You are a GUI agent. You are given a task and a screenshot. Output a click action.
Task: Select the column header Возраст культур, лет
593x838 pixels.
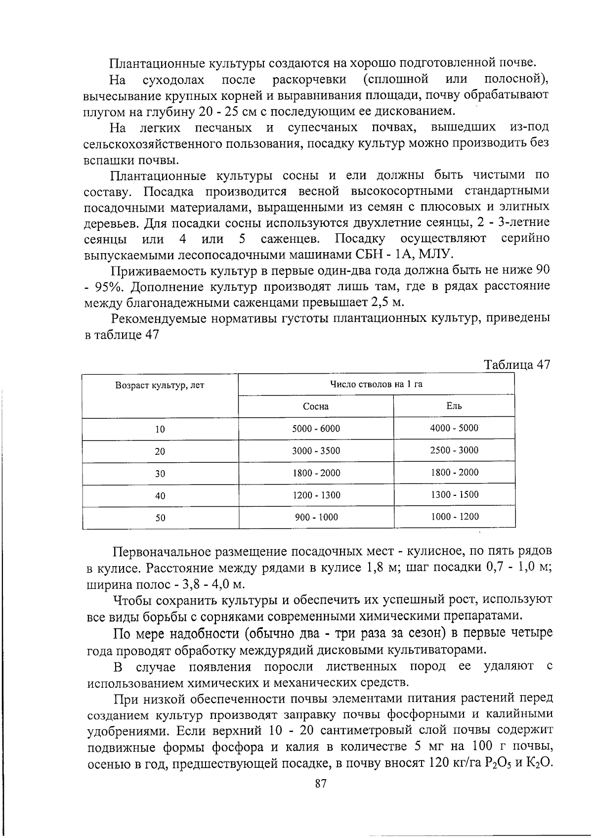(x=160, y=385)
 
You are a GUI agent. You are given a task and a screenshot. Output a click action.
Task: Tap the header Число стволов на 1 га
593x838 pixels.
(x=376, y=384)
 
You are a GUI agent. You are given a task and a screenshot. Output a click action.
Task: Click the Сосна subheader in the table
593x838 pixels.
(x=316, y=406)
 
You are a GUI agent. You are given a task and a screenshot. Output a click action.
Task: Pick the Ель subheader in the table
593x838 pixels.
(x=454, y=406)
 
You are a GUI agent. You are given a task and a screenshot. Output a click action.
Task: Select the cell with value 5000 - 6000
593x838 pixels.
(x=316, y=429)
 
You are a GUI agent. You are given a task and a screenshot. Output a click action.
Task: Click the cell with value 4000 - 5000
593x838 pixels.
(x=454, y=428)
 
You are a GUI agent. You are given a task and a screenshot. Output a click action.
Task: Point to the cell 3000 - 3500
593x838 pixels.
(x=316, y=451)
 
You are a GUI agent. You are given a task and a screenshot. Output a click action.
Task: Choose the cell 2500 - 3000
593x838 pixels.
(x=454, y=450)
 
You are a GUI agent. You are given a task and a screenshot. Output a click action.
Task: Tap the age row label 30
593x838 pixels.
(x=160, y=474)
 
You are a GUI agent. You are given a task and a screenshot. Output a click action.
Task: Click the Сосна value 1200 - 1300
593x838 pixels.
(x=316, y=495)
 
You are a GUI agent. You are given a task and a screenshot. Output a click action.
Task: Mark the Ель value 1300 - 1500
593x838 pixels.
(x=454, y=494)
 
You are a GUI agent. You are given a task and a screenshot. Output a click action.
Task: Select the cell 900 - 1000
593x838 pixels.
(x=316, y=518)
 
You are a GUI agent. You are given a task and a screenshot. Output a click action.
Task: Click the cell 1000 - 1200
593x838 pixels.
(x=454, y=517)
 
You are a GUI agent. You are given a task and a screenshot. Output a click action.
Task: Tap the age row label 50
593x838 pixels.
(x=160, y=518)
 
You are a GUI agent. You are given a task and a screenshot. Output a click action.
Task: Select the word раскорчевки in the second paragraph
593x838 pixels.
(x=309, y=80)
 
